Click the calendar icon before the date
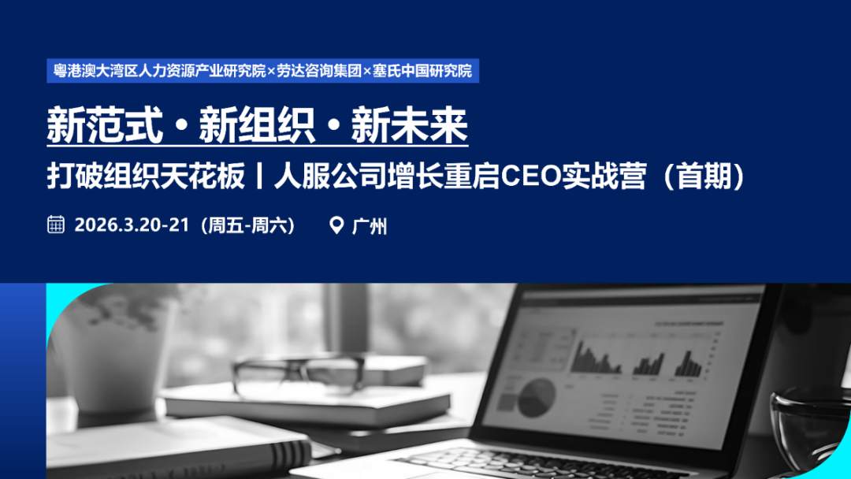pyautogui.click(x=56, y=225)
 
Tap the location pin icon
pyautogui.click(x=336, y=225)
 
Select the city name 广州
pyautogui.click(x=369, y=226)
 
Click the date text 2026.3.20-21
pyautogui.click(x=132, y=225)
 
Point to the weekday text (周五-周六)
pyautogui.click(x=248, y=225)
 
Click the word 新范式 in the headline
pyautogui.click(x=105, y=126)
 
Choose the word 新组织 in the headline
pyautogui.click(x=257, y=126)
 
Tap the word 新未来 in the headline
pyautogui.click(x=410, y=126)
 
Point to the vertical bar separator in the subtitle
pyautogui.click(x=259, y=177)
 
